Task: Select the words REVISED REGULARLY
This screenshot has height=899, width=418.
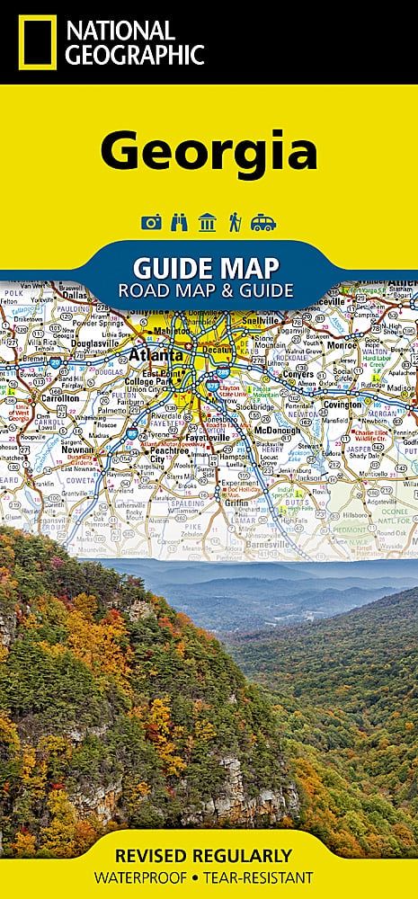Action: pyautogui.click(x=209, y=854)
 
